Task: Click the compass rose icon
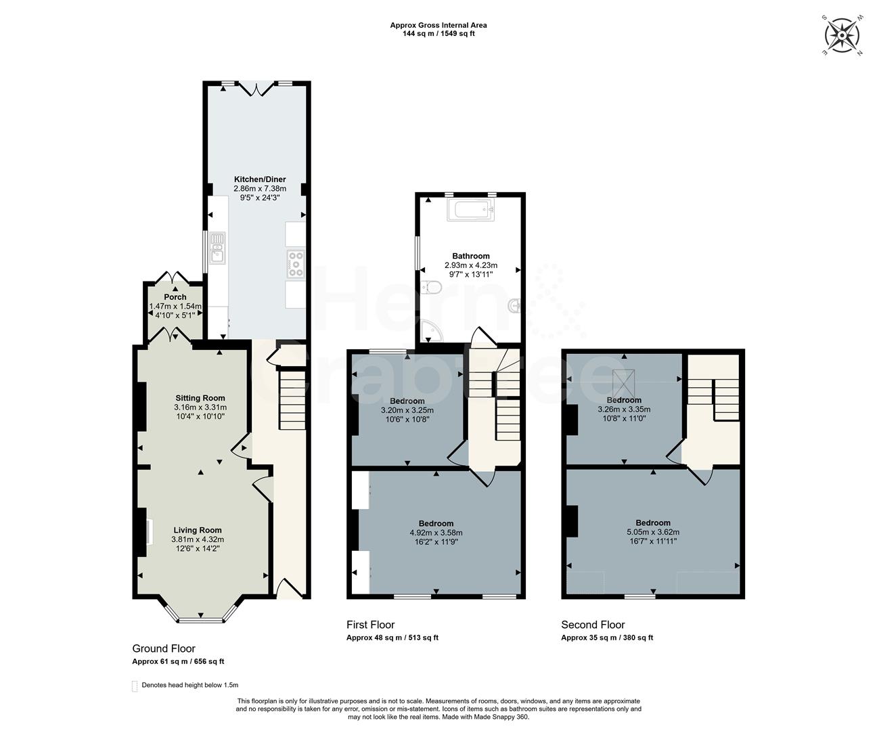click(x=842, y=33)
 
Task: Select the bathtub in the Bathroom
click(x=471, y=211)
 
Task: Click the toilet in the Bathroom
click(x=430, y=288)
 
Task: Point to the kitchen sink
click(x=217, y=248)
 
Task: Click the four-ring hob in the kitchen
click(x=296, y=263)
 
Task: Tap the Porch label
click(x=175, y=297)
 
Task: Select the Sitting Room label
click(x=200, y=398)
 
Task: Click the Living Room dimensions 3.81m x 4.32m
click(x=198, y=539)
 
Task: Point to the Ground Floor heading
click(x=164, y=648)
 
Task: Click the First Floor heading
click(x=370, y=625)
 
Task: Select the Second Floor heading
click(x=593, y=625)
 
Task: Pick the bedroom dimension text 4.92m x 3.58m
click(x=436, y=533)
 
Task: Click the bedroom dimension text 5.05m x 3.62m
click(x=653, y=532)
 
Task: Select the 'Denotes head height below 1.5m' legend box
click(x=134, y=686)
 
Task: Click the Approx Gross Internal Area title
click(x=438, y=25)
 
